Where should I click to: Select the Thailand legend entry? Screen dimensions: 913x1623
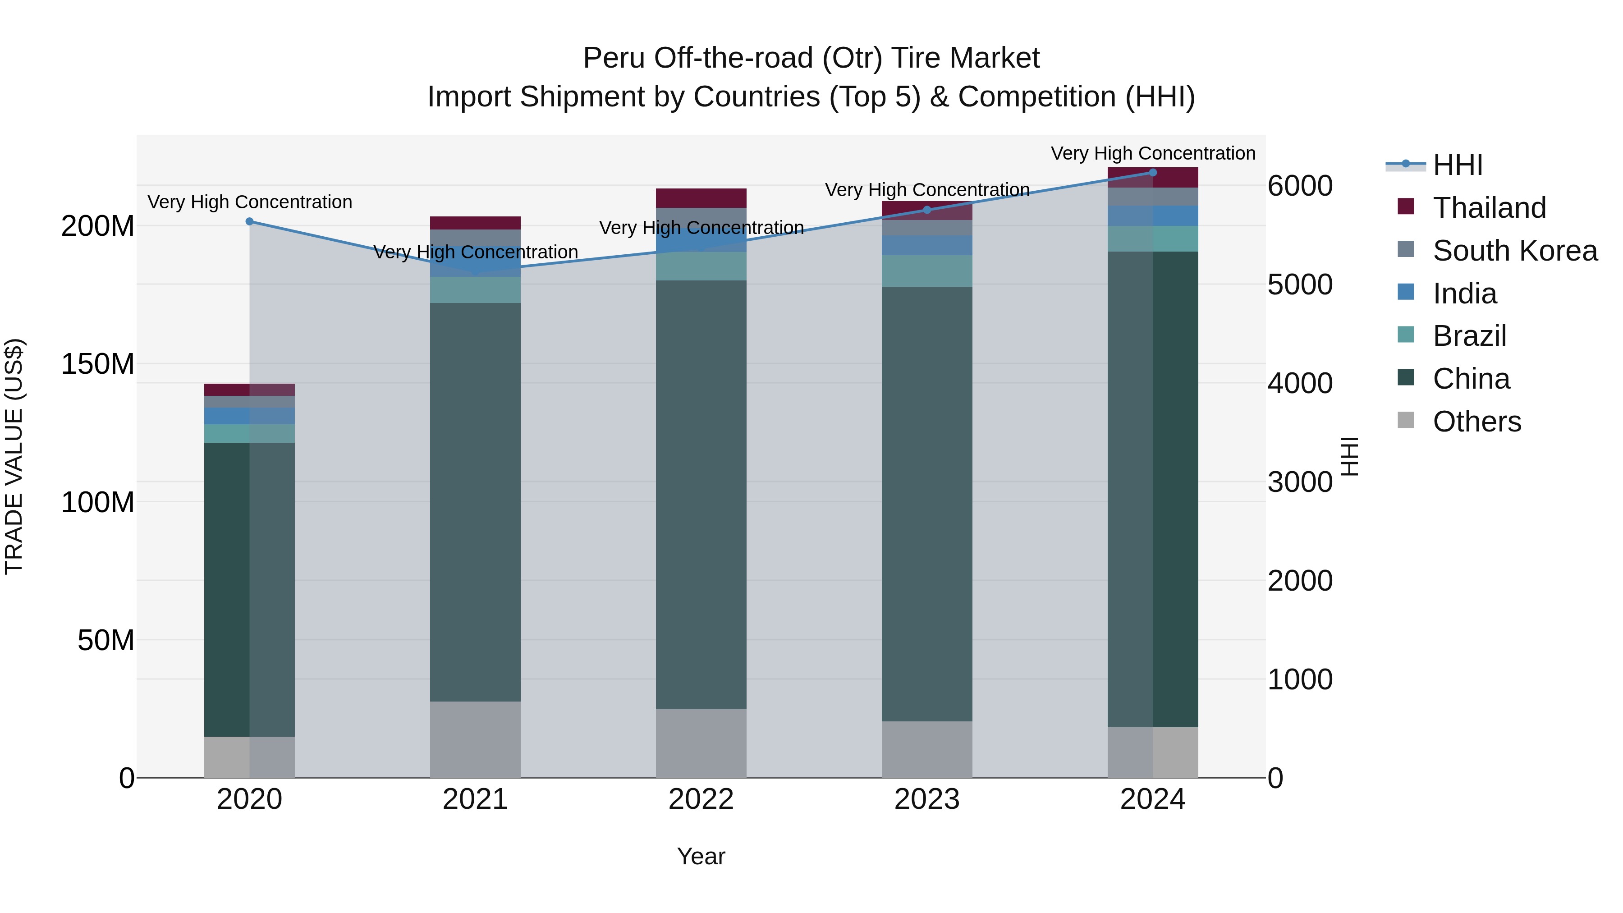point(1488,208)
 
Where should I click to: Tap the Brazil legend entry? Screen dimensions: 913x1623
point(1469,336)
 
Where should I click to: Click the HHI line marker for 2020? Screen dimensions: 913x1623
point(249,222)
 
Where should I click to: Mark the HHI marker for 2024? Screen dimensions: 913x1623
point(1152,173)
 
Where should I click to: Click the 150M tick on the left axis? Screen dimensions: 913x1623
point(98,364)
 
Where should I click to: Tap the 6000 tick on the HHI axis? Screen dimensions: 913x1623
point(1300,186)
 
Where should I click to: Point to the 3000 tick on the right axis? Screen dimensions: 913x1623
point(1300,482)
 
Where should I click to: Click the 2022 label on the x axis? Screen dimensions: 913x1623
point(701,799)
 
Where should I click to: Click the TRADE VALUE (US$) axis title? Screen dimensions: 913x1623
point(14,456)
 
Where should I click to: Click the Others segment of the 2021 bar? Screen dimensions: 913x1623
point(475,739)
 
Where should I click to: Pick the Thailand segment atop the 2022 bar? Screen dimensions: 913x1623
point(701,198)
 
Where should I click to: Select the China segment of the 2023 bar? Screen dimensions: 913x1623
point(927,504)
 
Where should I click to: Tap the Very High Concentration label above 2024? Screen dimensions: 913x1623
point(1152,154)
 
